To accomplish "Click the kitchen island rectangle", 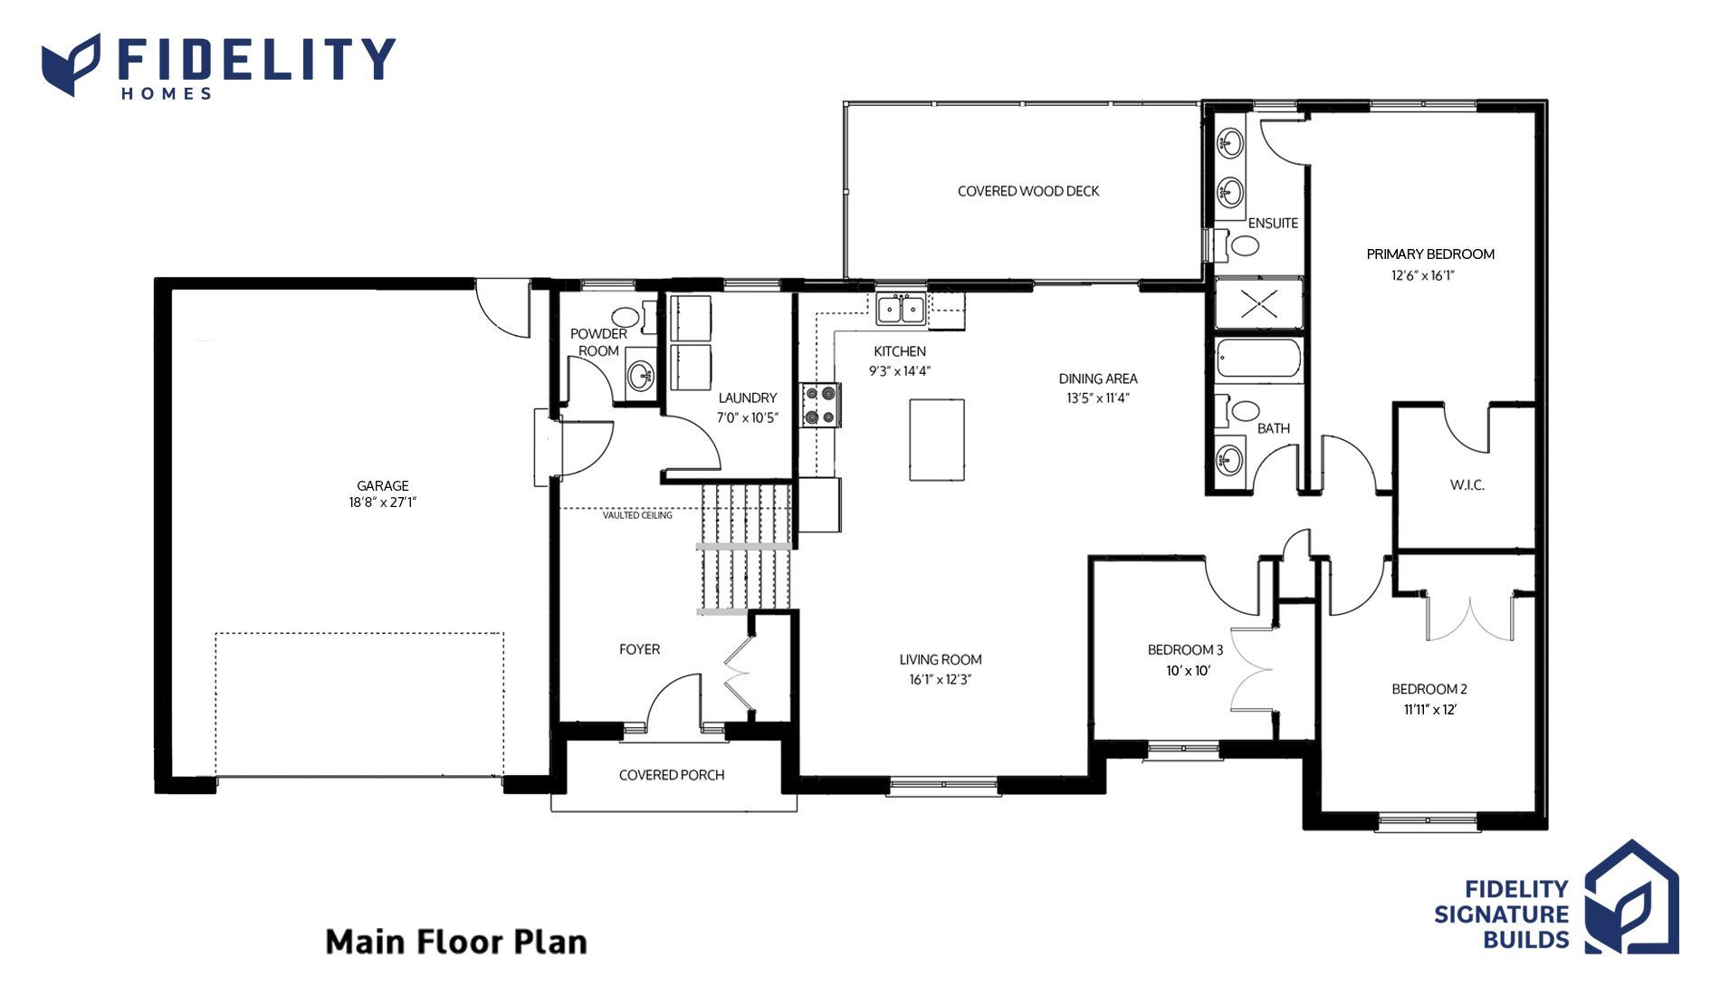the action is pos(937,440).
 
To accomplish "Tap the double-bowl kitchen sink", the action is pos(901,309).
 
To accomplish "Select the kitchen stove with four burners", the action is pos(821,405).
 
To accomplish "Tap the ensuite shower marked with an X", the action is pos(1258,303).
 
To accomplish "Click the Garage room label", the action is pos(382,485).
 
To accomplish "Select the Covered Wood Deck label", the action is pos(1028,191).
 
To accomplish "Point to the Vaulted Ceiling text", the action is pos(637,515).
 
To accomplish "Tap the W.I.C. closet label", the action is pos(1467,485).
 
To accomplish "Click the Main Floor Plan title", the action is pos(456,942).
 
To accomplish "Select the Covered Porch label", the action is pos(672,775).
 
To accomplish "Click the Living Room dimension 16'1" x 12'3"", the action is pos(941,680).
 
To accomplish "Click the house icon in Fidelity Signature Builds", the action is pos(1631,897).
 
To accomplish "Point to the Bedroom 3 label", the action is pos(1185,649).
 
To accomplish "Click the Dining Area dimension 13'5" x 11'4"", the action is pos(1098,397).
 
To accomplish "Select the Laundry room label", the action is pos(748,397).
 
